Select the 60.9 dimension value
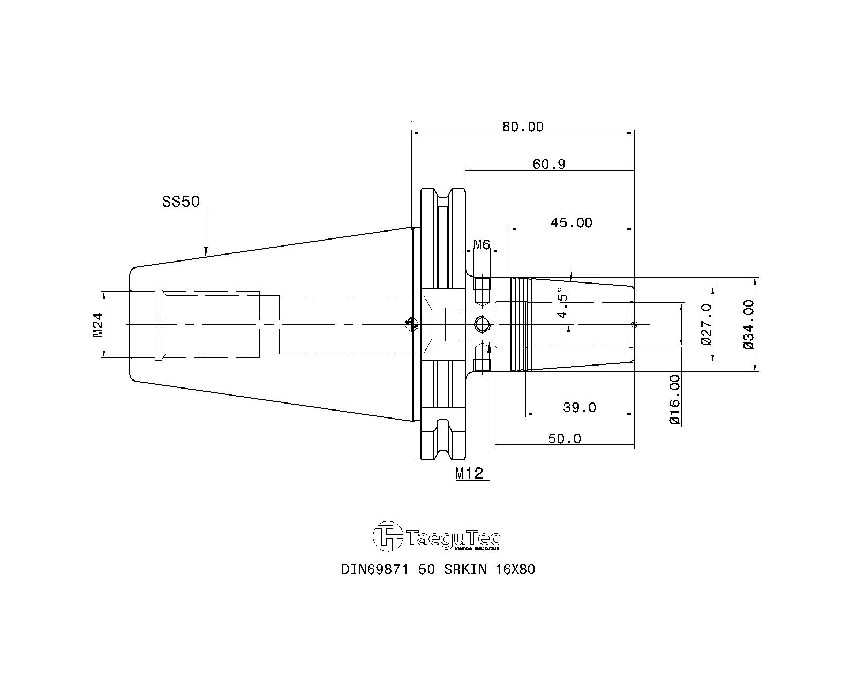pyautogui.click(x=549, y=164)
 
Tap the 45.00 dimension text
pyautogui.click(x=572, y=222)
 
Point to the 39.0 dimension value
pyautogui.click(x=580, y=407)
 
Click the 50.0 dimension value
pyautogui.click(x=565, y=438)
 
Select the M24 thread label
pyautogui.click(x=98, y=325)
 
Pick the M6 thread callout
pyautogui.click(x=482, y=244)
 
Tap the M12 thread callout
pyautogui.click(x=469, y=473)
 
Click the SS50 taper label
pyautogui.click(x=181, y=202)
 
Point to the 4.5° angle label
pyautogui.click(x=562, y=303)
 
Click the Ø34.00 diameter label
pyautogui.click(x=748, y=324)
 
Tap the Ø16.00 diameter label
pyautogui.click(x=674, y=399)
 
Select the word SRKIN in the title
pyautogui.click(x=465, y=569)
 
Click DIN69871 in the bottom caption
pyautogui.click(x=375, y=569)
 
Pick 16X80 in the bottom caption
pyautogui.click(x=515, y=569)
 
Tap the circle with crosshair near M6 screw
pyautogui.click(x=482, y=324)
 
